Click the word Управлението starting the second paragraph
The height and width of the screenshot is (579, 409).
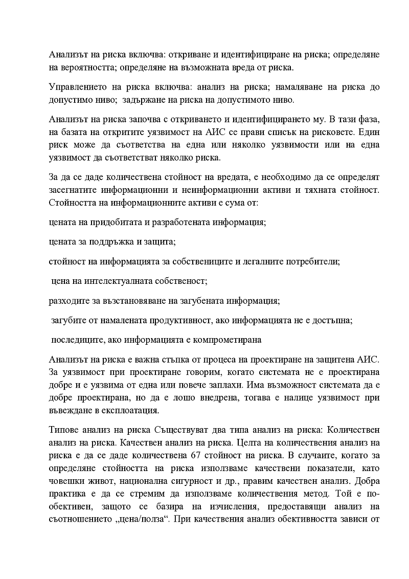[79, 87]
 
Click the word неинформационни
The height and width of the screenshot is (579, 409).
[219, 190]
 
